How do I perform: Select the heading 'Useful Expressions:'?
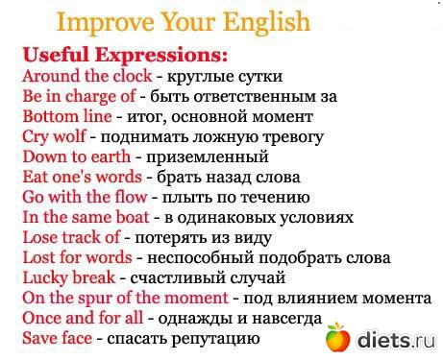click(126, 53)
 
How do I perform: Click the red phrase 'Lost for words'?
click(77, 257)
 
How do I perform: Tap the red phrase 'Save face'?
click(57, 338)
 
